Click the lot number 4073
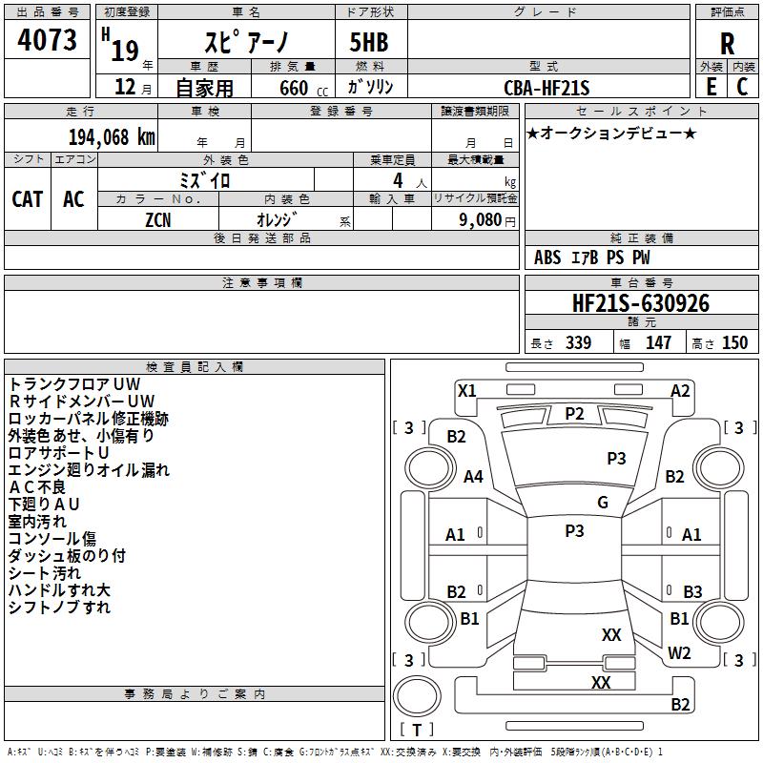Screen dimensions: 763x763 point(47,40)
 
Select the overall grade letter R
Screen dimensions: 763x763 point(727,44)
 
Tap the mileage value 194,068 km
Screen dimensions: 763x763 point(112,137)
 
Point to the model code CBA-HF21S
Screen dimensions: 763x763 point(546,88)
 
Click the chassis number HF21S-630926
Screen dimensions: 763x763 point(641,303)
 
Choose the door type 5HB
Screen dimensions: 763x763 point(369,42)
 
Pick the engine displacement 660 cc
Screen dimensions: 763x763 point(303,88)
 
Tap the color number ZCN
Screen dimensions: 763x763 point(158,220)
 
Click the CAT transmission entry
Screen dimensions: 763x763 point(28,199)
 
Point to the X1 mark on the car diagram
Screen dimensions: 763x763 point(466,391)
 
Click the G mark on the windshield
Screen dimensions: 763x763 point(603,502)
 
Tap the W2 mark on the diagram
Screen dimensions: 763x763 point(679,653)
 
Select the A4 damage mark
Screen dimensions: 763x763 point(473,476)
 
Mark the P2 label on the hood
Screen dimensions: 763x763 point(574,414)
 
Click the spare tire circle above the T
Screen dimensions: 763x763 point(417,696)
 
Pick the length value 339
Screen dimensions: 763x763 point(578,342)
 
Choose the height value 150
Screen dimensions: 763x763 point(734,342)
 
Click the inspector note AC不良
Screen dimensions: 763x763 point(37,487)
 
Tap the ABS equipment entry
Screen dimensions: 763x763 point(546,258)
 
